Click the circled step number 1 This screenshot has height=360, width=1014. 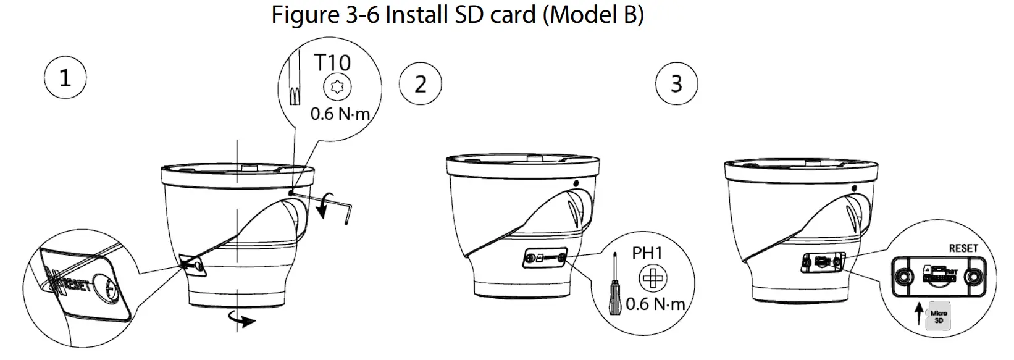(x=65, y=78)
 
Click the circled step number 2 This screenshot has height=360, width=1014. (x=420, y=84)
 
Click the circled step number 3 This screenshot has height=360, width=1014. (x=676, y=83)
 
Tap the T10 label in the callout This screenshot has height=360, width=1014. (x=332, y=62)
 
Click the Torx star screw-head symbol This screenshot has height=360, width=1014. (x=337, y=87)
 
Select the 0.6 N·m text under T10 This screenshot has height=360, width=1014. (x=340, y=114)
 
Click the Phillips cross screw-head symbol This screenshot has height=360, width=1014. (x=653, y=278)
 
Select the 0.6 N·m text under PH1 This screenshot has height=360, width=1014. (x=655, y=304)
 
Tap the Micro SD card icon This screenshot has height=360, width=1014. (x=939, y=317)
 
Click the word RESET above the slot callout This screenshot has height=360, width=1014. (x=963, y=248)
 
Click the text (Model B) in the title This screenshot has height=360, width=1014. (x=593, y=15)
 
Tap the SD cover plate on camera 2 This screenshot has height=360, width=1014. (x=545, y=259)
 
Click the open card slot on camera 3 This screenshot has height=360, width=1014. (x=822, y=261)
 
